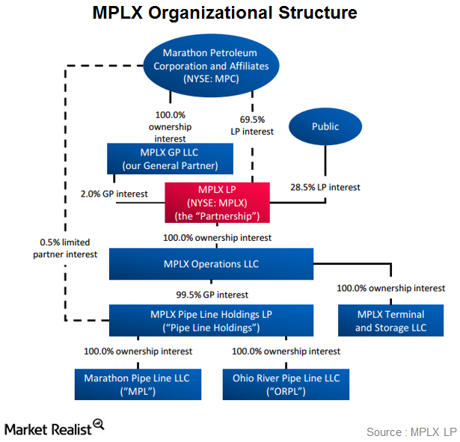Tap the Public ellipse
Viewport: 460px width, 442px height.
tap(325, 126)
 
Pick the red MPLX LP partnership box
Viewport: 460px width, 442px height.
tap(217, 203)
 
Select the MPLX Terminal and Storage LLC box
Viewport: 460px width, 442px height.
tap(390, 321)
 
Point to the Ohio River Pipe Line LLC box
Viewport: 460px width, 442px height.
tap(286, 384)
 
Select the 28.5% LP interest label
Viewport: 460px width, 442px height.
tap(325, 187)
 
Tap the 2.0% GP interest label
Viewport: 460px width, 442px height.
tap(114, 194)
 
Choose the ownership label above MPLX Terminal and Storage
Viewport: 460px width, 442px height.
tap(390, 288)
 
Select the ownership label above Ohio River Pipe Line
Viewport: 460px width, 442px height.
tap(286, 351)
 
